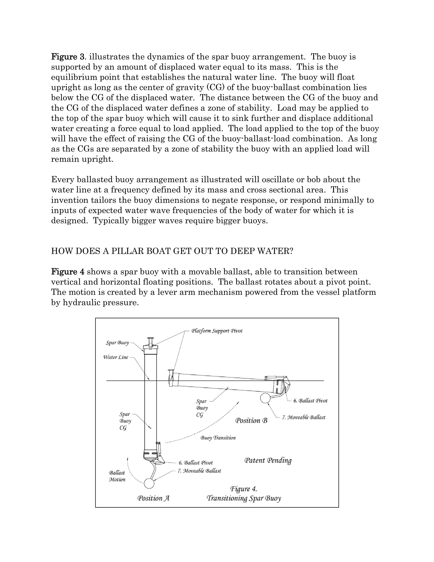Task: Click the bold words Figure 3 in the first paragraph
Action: click(x=68, y=57)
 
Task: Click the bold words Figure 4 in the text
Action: click(x=68, y=272)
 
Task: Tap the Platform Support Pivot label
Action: click(x=217, y=331)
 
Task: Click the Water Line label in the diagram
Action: click(x=115, y=357)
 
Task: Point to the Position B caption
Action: click(x=251, y=421)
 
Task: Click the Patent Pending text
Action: click(x=268, y=460)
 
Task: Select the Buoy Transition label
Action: click(x=218, y=438)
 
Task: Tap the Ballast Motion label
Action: click(x=117, y=476)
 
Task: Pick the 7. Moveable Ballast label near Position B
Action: click(x=303, y=417)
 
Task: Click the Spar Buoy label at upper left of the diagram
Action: click(x=117, y=343)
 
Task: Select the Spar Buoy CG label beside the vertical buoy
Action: click(x=125, y=421)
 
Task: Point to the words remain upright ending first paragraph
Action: click(x=82, y=159)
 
